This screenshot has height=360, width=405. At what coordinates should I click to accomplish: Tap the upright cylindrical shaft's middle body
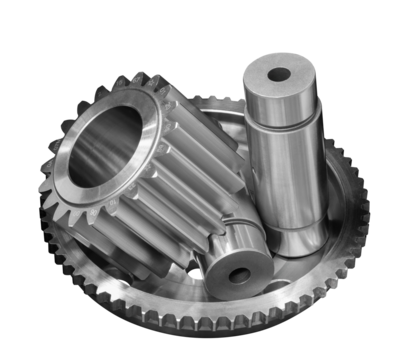pyautogui.click(x=284, y=180)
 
